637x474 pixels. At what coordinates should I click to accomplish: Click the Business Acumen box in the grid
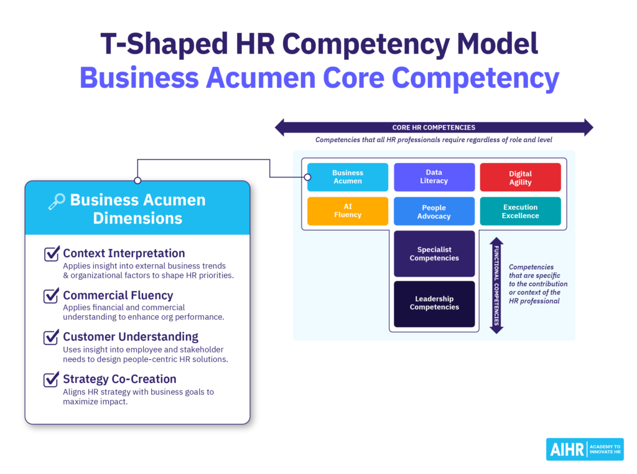point(348,177)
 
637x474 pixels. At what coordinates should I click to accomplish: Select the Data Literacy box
point(434,177)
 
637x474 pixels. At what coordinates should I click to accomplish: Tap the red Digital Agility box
point(520,178)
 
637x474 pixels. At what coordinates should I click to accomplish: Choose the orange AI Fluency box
point(348,211)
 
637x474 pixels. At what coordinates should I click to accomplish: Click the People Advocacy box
point(434,212)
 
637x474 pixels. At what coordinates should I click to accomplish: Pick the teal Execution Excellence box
point(520,211)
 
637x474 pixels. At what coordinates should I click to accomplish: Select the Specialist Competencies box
point(434,254)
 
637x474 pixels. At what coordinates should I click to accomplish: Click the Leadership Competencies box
point(434,303)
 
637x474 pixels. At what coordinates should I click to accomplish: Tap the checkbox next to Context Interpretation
point(52,254)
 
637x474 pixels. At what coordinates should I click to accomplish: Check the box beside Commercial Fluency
point(52,296)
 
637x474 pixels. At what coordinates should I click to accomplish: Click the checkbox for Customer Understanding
point(52,338)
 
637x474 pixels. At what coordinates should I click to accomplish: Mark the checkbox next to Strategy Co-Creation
point(52,379)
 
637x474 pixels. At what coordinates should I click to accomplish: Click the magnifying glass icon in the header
point(57,201)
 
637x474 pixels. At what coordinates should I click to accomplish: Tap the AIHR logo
point(584,449)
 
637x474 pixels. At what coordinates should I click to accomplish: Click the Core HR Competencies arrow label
point(434,128)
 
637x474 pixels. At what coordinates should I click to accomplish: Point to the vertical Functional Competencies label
point(496,285)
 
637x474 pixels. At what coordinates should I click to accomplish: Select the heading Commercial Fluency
point(118,295)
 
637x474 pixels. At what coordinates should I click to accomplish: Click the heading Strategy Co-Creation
point(119,379)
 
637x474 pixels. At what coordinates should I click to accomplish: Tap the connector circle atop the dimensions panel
point(137,181)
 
